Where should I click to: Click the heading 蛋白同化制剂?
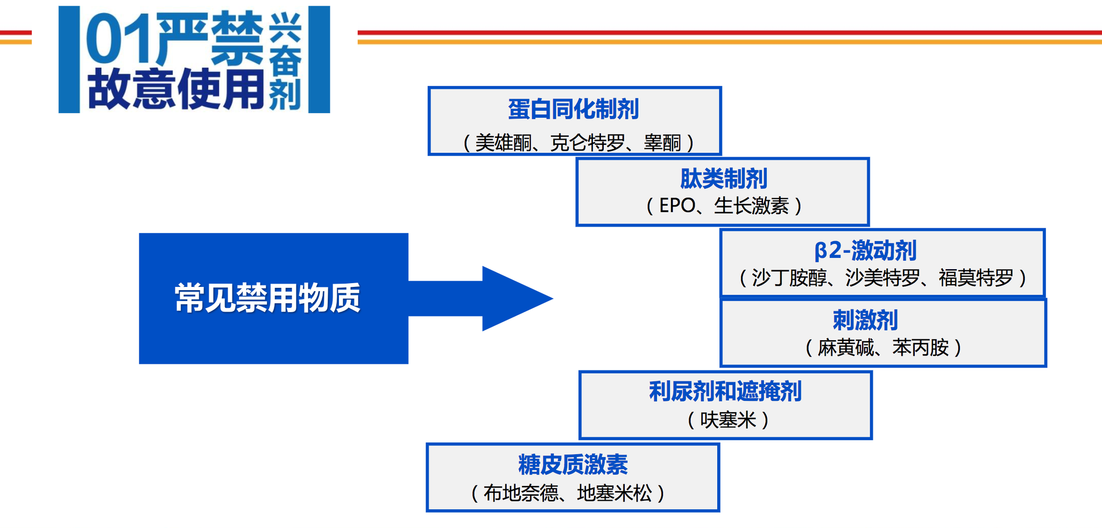click(574, 109)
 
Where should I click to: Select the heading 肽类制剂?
click(723, 179)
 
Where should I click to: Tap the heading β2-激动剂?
click(865, 250)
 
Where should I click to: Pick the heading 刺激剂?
click(865, 320)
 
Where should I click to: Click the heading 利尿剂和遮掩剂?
click(725, 391)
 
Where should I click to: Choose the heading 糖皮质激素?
click(573, 464)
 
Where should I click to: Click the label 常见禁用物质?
click(267, 298)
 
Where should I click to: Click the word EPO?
click(677, 206)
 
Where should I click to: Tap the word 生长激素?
click(751, 206)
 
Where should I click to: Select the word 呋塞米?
click(728, 420)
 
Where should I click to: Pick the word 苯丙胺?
click(921, 348)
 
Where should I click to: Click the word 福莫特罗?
click(976, 278)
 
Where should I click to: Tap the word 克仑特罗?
click(588, 143)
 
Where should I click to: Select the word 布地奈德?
click(521, 493)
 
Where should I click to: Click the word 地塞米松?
click(614, 493)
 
